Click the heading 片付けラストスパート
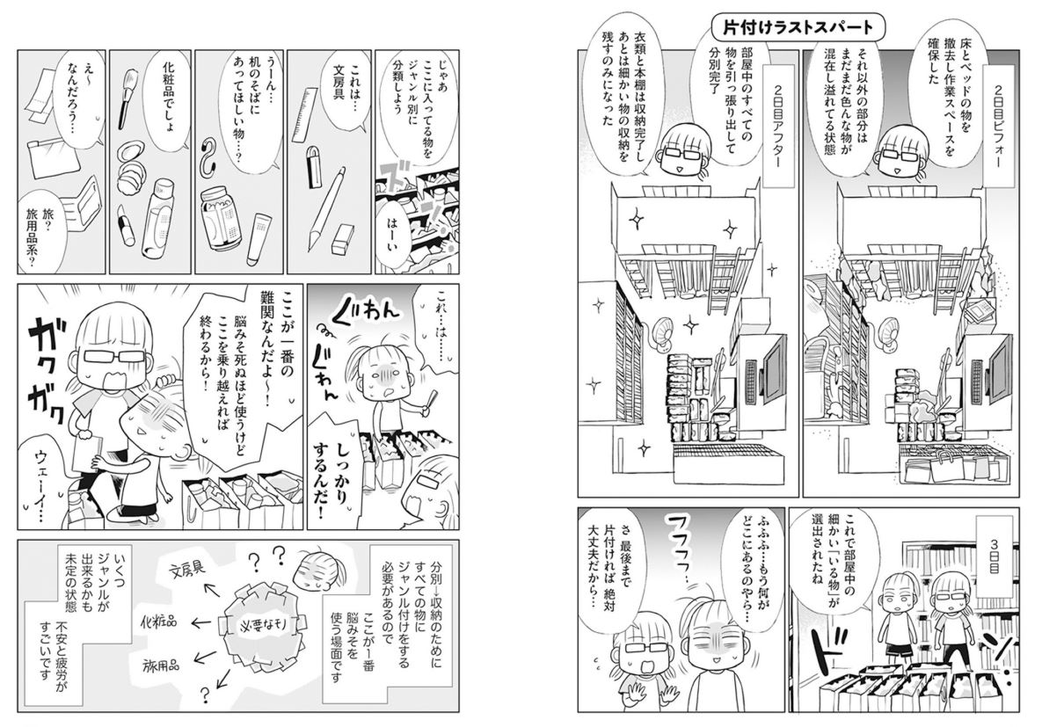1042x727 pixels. (x=798, y=28)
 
